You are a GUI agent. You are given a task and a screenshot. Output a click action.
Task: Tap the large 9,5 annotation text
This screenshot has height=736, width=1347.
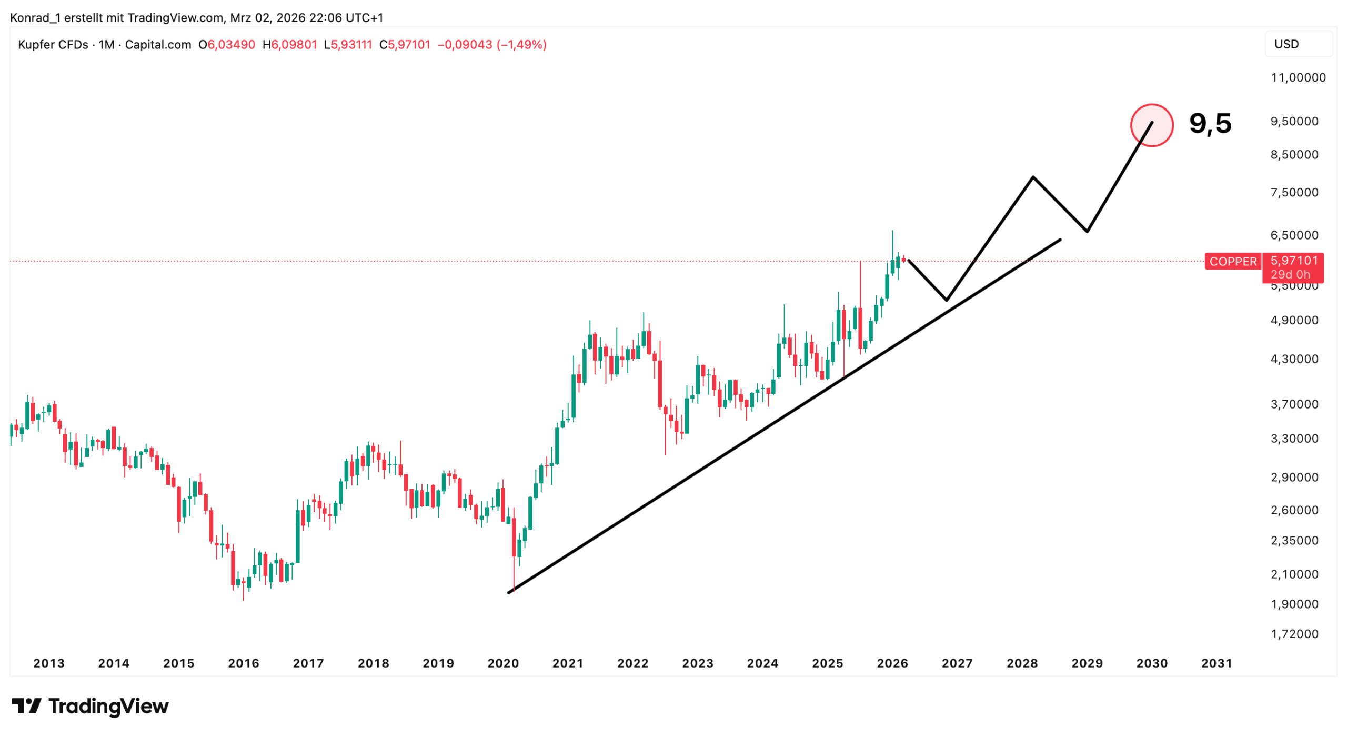click(1210, 123)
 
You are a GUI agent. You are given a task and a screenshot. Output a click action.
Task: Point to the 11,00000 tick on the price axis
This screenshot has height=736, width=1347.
click(1298, 78)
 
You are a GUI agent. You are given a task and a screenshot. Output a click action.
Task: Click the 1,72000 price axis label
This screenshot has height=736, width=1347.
click(1294, 633)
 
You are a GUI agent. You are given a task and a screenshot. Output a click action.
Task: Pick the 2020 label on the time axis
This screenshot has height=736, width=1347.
click(502, 663)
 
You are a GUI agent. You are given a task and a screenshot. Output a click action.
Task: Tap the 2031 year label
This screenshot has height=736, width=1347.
click(1216, 663)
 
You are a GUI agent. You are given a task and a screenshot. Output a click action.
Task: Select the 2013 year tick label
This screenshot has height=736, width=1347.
click(49, 663)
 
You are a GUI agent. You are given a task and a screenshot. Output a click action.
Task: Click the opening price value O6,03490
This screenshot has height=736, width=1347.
click(227, 45)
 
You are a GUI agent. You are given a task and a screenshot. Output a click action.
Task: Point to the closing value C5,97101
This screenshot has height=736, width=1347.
click(405, 45)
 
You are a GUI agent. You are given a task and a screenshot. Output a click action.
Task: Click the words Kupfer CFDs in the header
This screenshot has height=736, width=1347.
click(53, 45)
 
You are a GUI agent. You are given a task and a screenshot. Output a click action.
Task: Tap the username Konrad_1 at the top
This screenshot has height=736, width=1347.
click(35, 18)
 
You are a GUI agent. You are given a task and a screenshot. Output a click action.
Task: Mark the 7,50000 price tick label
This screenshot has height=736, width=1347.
click(1294, 193)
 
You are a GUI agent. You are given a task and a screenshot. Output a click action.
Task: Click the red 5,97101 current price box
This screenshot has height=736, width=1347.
click(1294, 261)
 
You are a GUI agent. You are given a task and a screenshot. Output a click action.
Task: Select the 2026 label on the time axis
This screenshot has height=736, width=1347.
click(892, 663)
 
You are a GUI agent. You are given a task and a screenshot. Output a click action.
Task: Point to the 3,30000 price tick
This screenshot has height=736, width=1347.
click(1294, 439)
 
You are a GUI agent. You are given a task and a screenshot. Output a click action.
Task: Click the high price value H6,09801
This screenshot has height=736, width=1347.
click(290, 45)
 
